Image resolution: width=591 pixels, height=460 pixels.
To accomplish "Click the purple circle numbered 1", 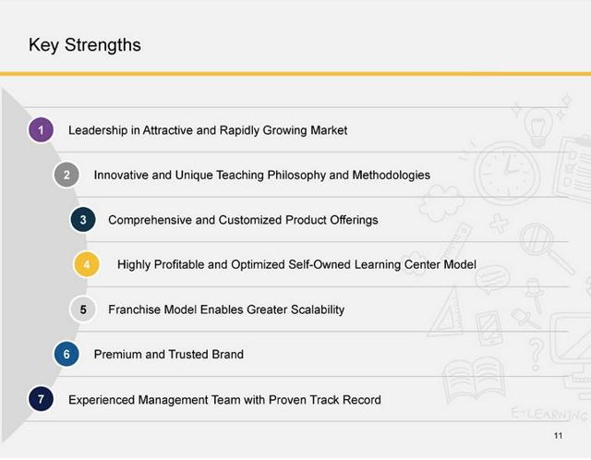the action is (x=41, y=130).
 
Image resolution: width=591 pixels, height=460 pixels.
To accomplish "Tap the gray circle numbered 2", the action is (x=66, y=175).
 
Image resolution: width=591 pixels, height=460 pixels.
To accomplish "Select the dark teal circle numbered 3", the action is (x=83, y=220).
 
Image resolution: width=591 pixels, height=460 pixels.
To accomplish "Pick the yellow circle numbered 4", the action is (x=87, y=264).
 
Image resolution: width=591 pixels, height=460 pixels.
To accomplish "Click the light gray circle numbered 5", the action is (x=83, y=309).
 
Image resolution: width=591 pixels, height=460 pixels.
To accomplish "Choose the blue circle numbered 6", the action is (x=66, y=354).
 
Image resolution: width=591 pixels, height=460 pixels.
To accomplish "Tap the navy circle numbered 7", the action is (x=41, y=399).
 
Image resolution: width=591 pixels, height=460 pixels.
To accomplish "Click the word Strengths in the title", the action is (x=103, y=45).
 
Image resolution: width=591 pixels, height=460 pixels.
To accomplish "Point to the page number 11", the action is (x=558, y=435).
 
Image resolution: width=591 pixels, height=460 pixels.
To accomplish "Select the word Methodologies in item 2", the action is (x=392, y=176).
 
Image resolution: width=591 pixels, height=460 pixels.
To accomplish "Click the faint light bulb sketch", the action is (x=538, y=127).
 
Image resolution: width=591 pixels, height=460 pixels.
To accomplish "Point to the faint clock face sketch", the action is (x=507, y=172).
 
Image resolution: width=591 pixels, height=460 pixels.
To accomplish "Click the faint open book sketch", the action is (x=474, y=379).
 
